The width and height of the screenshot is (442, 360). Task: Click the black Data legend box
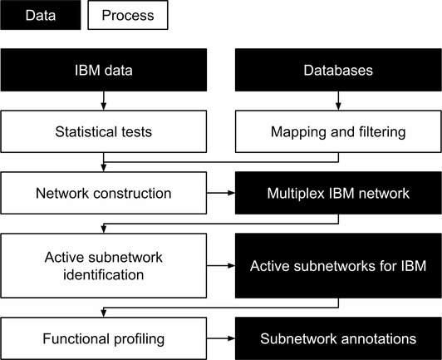tap(41, 15)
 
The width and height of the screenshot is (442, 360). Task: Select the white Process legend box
tap(128, 15)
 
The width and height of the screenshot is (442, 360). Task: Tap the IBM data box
tap(104, 70)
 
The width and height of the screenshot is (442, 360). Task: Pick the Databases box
tap(338, 70)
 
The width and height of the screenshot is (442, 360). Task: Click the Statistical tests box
tap(104, 131)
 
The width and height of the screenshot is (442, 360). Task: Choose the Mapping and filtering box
tap(338, 131)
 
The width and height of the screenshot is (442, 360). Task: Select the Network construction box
tap(104, 193)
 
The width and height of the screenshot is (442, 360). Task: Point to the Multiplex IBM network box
tap(338, 193)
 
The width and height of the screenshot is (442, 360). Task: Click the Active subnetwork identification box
tap(104, 265)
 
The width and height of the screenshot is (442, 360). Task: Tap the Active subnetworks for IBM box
tap(338, 265)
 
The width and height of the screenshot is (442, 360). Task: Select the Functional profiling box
tap(104, 338)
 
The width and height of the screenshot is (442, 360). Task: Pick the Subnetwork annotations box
tap(338, 338)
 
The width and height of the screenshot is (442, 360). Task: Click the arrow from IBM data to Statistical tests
tap(104, 101)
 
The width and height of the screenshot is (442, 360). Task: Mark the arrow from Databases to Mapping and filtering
tap(338, 101)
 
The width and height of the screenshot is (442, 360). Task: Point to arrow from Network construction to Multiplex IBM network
tap(221, 193)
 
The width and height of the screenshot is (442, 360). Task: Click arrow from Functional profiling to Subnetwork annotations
tap(221, 338)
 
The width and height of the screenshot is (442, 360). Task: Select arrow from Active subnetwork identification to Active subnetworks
tap(221, 265)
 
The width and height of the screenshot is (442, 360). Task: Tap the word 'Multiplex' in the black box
tap(296, 194)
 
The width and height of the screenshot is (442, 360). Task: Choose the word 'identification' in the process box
tap(104, 274)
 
